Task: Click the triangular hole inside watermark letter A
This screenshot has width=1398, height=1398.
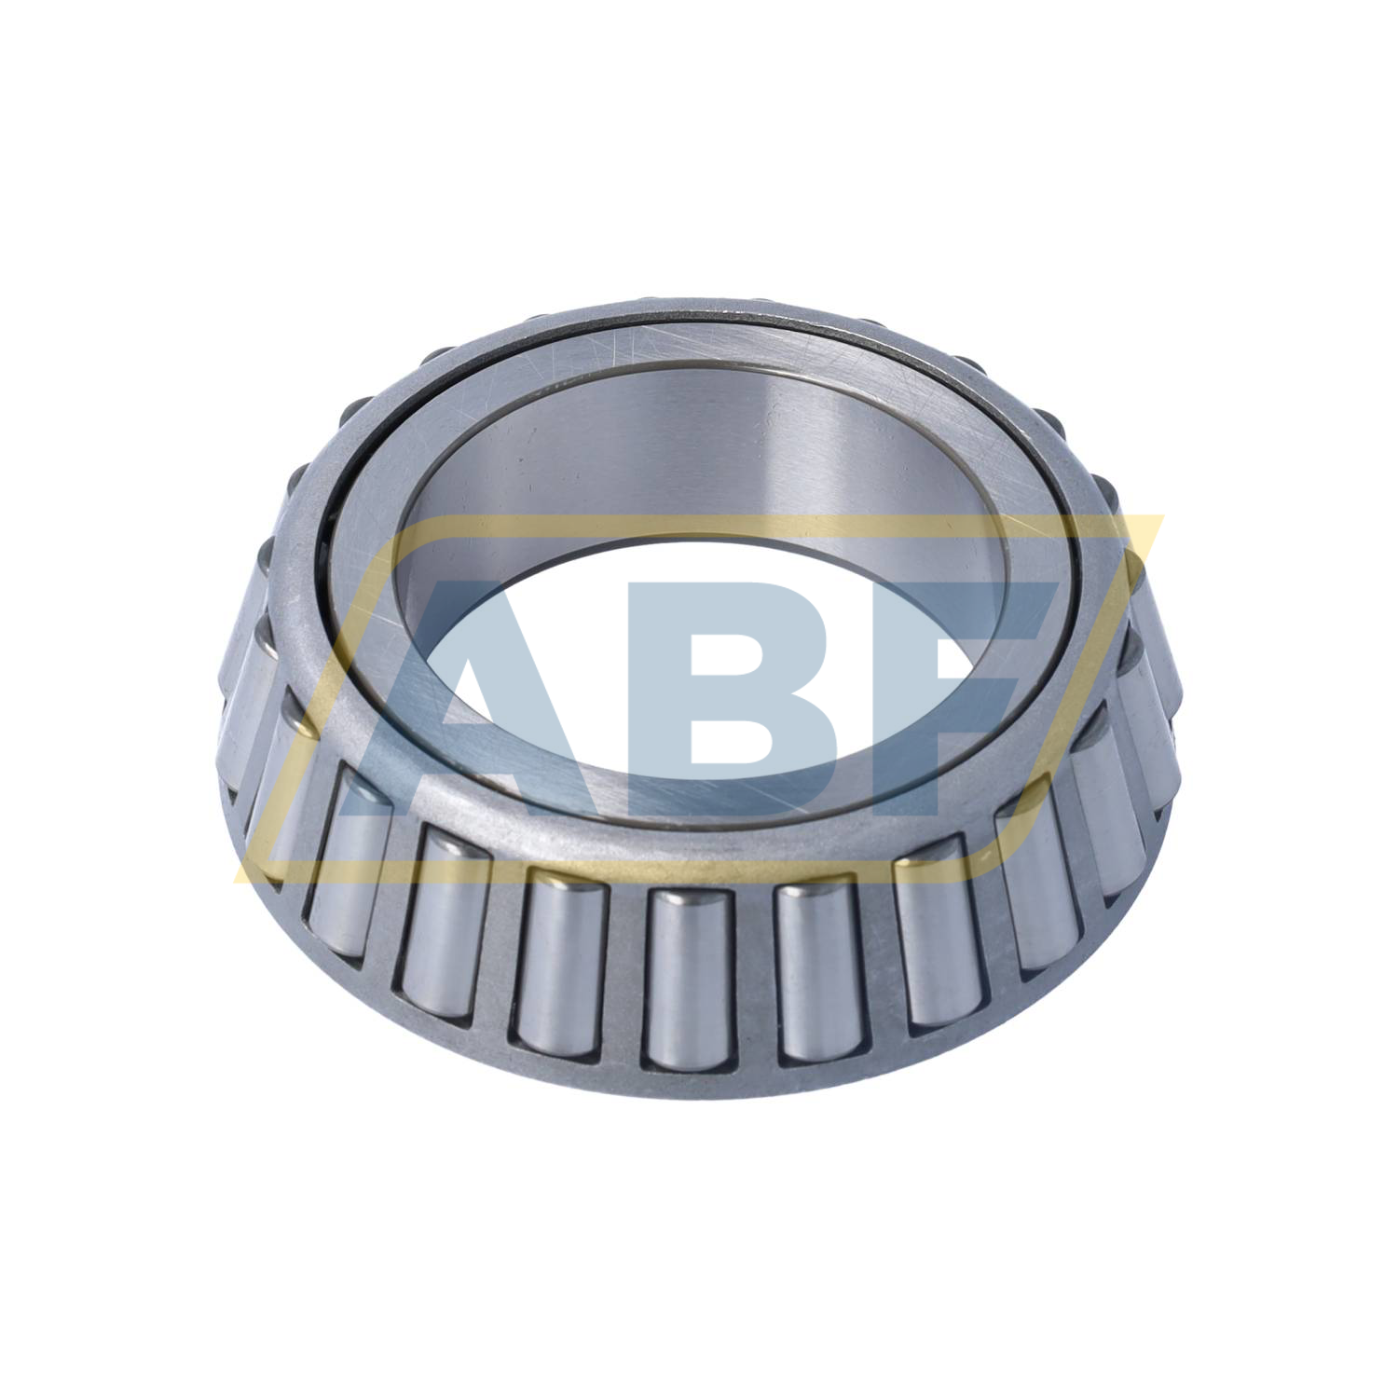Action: click(x=508, y=694)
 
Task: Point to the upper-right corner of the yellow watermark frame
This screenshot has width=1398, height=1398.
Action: click(x=1160, y=518)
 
